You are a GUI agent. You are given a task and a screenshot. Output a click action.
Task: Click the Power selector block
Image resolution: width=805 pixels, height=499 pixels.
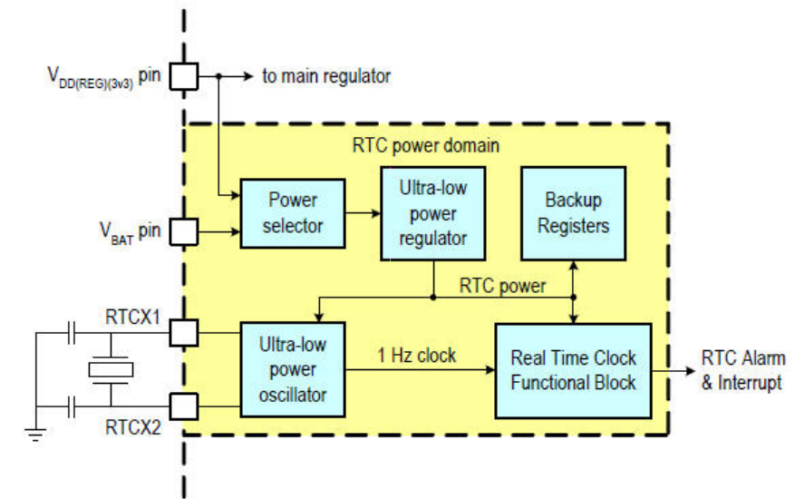[292, 213]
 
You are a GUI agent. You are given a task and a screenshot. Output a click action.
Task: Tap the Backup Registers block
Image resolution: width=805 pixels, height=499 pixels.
[573, 212]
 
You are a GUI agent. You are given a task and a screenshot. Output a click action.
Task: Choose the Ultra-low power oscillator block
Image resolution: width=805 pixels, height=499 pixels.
[292, 370]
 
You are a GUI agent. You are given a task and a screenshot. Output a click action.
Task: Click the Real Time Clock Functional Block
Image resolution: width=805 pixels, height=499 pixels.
[573, 369]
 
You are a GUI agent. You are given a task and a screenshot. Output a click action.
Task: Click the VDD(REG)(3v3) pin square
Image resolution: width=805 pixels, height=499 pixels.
[185, 77]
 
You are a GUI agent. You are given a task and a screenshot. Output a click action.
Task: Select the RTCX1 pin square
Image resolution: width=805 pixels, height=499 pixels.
[185, 334]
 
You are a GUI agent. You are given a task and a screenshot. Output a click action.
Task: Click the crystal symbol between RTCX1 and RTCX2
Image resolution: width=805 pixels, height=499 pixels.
[111, 369]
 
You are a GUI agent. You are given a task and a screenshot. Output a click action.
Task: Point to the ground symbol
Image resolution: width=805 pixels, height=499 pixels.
[36, 435]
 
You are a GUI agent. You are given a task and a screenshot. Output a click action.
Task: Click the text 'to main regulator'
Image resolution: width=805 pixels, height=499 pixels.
[326, 77]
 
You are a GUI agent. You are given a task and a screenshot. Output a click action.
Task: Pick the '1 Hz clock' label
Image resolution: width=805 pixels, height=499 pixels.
[417, 355]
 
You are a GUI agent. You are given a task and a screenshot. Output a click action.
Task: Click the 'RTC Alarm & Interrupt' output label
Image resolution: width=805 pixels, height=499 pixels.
[743, 369]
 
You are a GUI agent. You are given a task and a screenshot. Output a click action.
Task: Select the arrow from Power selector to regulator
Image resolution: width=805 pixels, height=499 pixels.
[364, 214]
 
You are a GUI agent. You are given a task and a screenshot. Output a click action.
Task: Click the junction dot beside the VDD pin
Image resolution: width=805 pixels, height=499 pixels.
[219, 77]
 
